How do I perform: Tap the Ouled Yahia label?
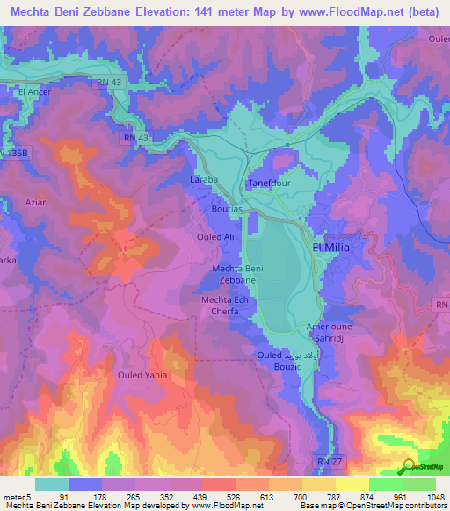pyautogui.click(x=142, y=375)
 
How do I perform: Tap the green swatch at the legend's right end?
pyautogui.click(x=418, y=484)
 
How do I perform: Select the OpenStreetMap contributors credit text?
pyautogui.click(x=403, y=506)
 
